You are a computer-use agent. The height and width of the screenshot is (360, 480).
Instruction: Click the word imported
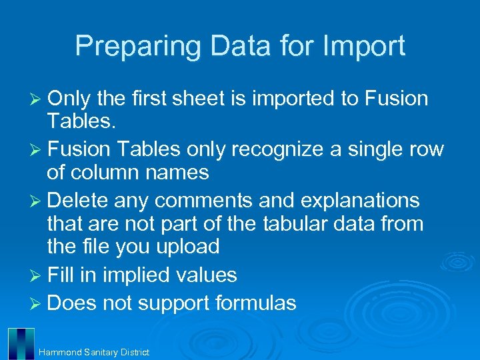[283, 99]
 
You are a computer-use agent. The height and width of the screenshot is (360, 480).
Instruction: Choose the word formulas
[255, 304]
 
